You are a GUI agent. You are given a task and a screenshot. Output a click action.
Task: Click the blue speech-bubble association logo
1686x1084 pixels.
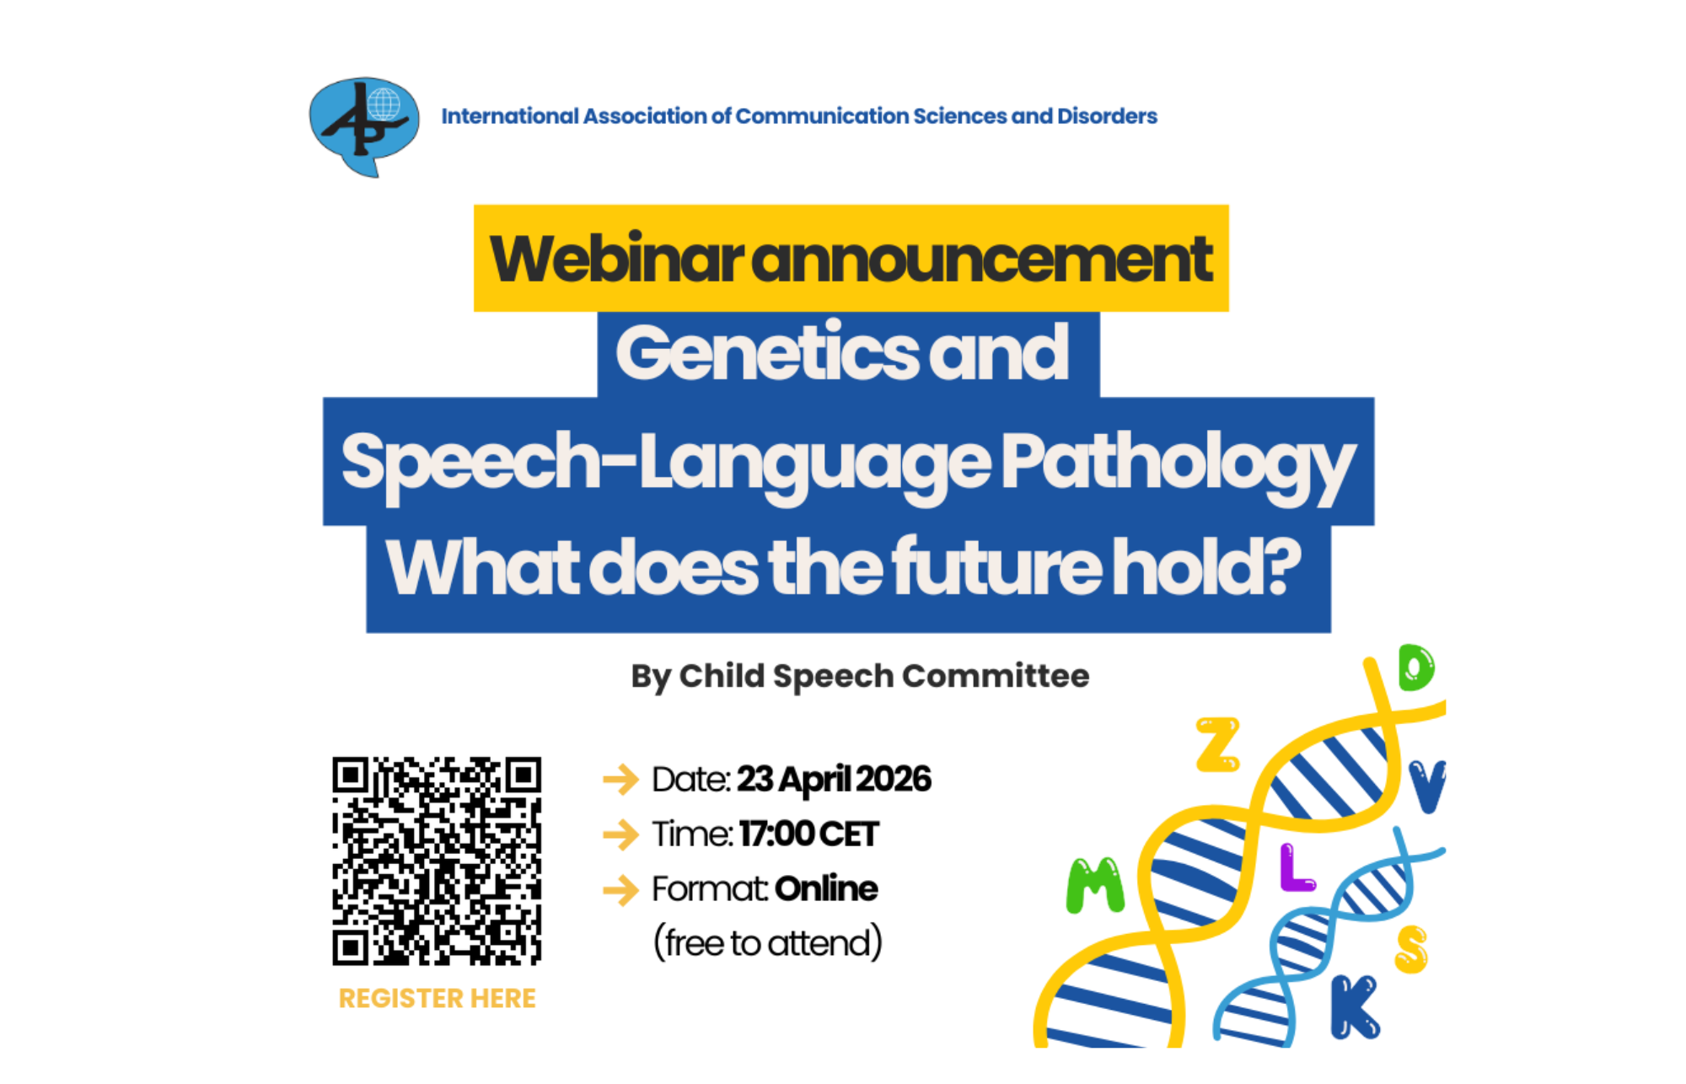point(364,126)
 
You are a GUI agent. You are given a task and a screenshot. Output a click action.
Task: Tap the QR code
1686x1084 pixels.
point(437,861)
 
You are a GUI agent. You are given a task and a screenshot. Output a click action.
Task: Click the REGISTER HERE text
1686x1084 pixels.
point(437,998)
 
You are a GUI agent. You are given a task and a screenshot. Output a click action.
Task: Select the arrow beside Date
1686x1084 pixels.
point(621,779)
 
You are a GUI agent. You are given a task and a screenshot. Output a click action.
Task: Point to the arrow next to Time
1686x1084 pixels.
point(621,834)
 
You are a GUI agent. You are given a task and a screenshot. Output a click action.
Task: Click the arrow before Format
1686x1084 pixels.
point(621,889)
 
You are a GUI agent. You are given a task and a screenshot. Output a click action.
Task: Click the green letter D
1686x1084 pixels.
point(1416,668)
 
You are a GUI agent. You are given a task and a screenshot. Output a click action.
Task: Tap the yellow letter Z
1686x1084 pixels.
point(1218,744)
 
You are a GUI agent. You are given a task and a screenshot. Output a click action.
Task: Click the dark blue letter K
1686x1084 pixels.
point(1355,1007)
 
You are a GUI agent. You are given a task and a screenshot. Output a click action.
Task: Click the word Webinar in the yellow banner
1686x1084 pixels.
point(617,260)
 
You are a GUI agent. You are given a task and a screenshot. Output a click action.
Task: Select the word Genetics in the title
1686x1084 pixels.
point(767,353)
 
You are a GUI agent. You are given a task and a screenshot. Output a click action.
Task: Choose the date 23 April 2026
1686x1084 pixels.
point(834,780)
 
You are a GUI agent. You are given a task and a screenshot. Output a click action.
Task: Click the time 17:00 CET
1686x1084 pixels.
point(809,834)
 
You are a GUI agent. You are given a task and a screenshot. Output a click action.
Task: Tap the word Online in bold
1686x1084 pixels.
point(826,889)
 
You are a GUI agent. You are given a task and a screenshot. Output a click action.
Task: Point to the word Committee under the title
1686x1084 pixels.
point(996,676)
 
